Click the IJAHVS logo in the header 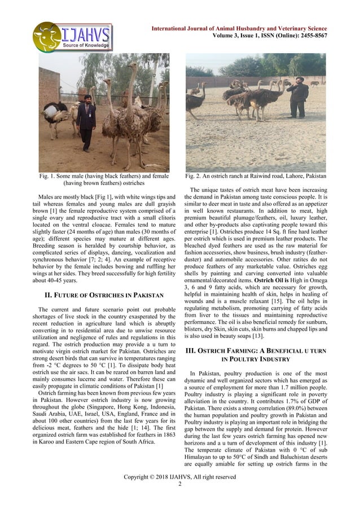tap(72, 37)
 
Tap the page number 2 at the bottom tap(179, 484)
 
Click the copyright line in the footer tap(179, 477)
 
